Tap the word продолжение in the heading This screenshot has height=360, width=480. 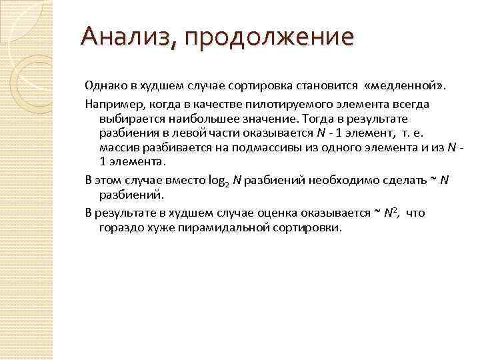tap(270, 38)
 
